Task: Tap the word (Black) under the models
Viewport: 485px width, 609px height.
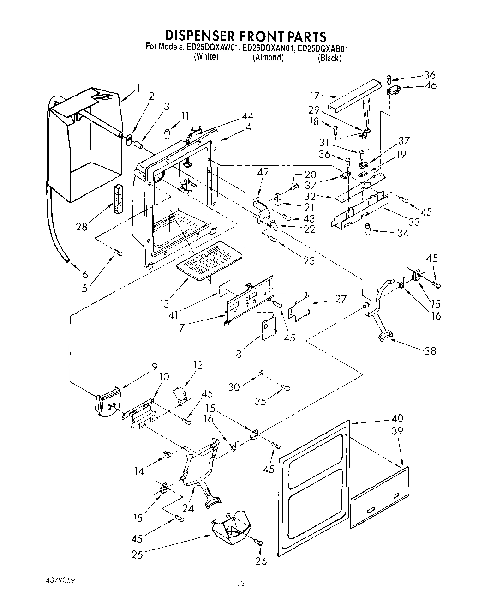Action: click(x=329, y=59)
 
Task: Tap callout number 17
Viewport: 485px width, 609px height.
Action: click(x=315, y=96)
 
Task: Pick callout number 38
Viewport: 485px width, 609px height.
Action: click(x=431, y=351)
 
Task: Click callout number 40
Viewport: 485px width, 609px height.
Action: click(x=397, y=418)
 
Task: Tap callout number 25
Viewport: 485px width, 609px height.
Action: click(x=137, y=555)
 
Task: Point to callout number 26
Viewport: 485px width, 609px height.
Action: click(x=261, y=561)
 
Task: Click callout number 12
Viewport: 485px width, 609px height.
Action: click(x=198, y=365)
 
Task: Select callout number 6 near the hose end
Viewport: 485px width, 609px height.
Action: click(x=85, y=274)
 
